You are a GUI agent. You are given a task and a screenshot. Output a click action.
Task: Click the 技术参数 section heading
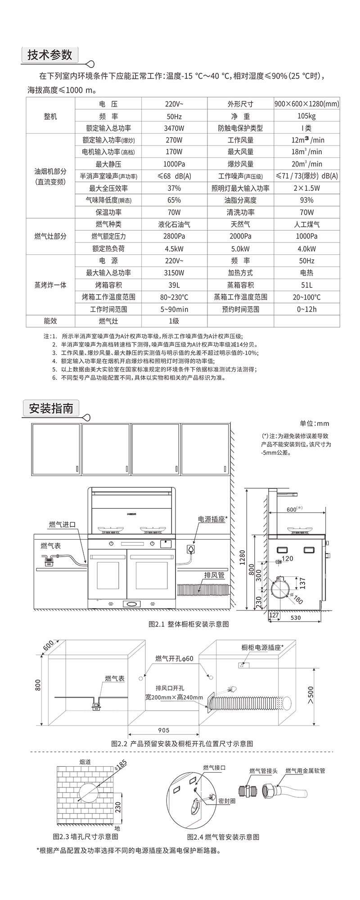[50, 55]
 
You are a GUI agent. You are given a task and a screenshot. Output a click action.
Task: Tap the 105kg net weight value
[306, 116]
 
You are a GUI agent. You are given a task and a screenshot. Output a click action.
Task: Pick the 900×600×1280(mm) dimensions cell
[306, 104]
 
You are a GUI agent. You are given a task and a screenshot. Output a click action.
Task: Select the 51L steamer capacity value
[306, 285]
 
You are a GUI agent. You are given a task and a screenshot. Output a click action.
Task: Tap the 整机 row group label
[50, 116]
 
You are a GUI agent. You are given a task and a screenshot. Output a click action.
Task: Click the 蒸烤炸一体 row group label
[50, 285]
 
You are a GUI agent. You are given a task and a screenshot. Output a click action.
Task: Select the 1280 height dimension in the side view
[243, 558]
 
